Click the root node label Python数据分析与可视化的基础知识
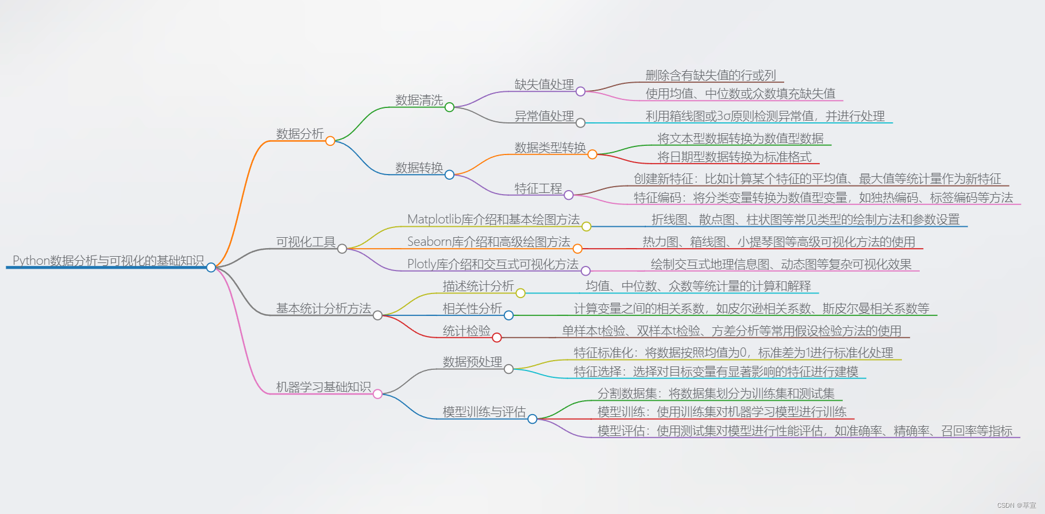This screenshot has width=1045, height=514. point(108,260)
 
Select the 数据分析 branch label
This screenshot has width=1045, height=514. point(300,134)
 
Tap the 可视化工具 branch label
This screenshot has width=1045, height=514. point(306,242)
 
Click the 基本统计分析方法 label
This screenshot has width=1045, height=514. point(323,308)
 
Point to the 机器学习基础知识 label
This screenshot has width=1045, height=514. point(323,387)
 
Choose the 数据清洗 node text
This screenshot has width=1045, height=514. point(419,100)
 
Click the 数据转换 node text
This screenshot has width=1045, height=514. point(419,168)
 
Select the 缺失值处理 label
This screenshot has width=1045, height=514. point(544,84)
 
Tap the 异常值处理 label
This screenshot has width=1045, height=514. point(544,116)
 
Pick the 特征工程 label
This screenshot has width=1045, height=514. point(538,188)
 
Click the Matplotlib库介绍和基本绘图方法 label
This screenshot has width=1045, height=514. point(493,219)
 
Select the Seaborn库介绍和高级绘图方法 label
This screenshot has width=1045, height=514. point(488,242)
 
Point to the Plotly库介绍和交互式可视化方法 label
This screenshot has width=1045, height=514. point(492,264)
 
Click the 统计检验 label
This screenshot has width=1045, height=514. point(466,331)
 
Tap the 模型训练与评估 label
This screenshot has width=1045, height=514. point(484,412)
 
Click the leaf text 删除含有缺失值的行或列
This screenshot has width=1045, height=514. point(711,75)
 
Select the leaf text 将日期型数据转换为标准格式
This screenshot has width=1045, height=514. point(734,157)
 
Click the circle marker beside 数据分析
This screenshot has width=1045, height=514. point(330,141)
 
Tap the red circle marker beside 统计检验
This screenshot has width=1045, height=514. point(497,338)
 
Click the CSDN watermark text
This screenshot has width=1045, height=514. point(1016,505)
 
